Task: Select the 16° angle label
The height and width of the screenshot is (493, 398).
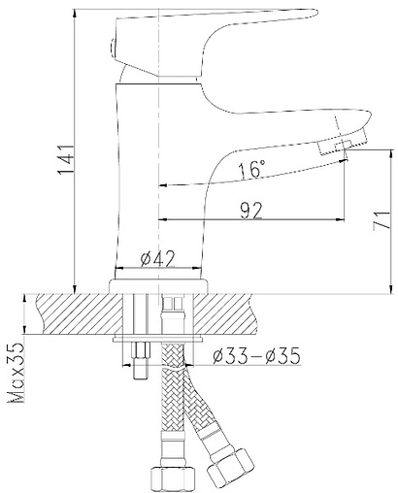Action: click(251, 169)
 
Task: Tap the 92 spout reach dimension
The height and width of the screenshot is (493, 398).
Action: click(251, 211)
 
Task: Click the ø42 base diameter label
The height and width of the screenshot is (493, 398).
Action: click(157, 258)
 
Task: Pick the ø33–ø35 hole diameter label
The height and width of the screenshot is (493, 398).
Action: click(256, 356)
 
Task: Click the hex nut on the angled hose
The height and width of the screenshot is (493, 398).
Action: click(230, 463)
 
